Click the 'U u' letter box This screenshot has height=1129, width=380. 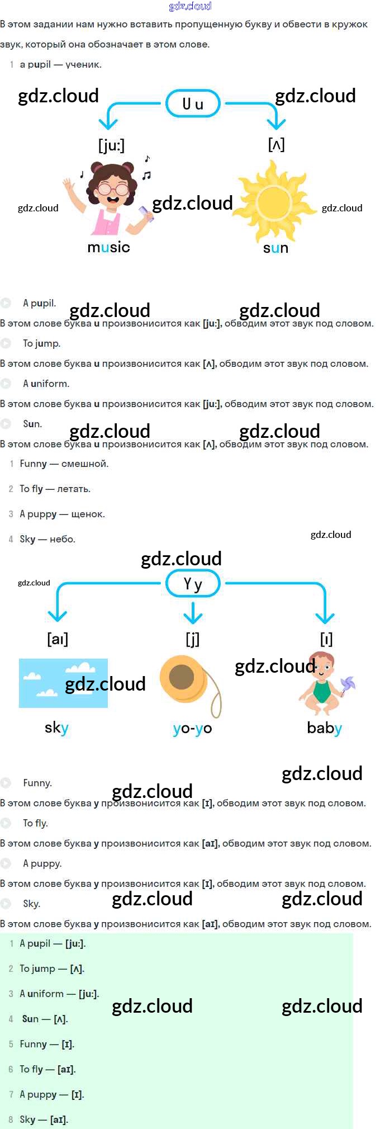pyautogui.click(x=193, y=103)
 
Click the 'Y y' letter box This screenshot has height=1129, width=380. pyautogui.click(x=193, y=584)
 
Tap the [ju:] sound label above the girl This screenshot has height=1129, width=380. pyautogui.click(x=111, y=145)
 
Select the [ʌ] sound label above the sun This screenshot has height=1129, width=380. pyautogui.click(x=276, y=145)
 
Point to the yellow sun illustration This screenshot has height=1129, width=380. pyautogui.click(x=273, y=201)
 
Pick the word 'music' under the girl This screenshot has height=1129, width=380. pyautogui.click(x=108, y=247)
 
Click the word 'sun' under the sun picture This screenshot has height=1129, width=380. pyautogui.click(x=275, y=248)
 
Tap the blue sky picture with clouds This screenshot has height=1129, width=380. pyautogui.click(x=63, y=683)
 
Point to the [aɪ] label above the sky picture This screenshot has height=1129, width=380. pyautogui.click(x=58, y=639)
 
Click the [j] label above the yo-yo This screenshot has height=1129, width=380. pyautogui.click(x=192, y=639)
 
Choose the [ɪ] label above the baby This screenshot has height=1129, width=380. pyautogui.click(x=326, y=639)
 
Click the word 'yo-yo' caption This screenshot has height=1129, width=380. pyautogui.click(x=192, y=728)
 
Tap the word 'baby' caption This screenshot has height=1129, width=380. pyautogui.click(x=324, y=728)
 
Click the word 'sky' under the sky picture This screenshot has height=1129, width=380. pyautogui.click(x=56, y=728)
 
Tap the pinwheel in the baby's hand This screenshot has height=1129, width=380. pyautogui.click(x=346, y=686)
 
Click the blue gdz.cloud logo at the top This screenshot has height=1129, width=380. pyautogui.click(x=190, y=6)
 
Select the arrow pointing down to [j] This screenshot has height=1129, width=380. pyautogui.click(x=193, y=613)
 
